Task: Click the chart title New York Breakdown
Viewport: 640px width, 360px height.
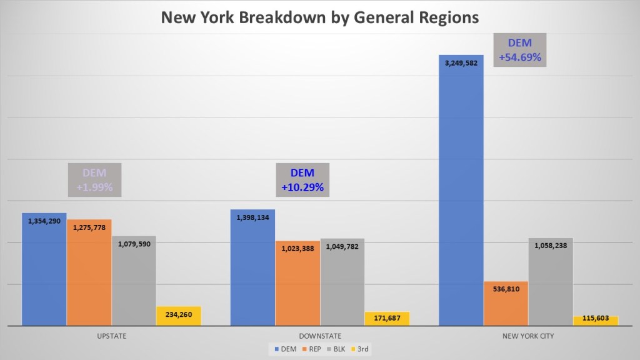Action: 320,17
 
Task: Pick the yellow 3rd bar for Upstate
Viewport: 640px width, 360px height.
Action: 179,316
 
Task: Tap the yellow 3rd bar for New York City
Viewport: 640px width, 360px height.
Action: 596,321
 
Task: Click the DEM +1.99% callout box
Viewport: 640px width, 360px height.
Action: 94,180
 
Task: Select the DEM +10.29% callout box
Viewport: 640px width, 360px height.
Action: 302,180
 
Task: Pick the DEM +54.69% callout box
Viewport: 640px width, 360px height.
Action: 519,50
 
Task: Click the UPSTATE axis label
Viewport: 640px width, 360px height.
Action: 112,336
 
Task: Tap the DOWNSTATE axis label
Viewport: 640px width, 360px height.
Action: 320,336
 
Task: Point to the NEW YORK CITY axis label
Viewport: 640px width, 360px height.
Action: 528,336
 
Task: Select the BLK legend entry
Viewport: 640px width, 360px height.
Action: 337,349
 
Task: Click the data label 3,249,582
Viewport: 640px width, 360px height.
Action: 461,63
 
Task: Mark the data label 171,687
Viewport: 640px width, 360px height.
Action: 387,319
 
